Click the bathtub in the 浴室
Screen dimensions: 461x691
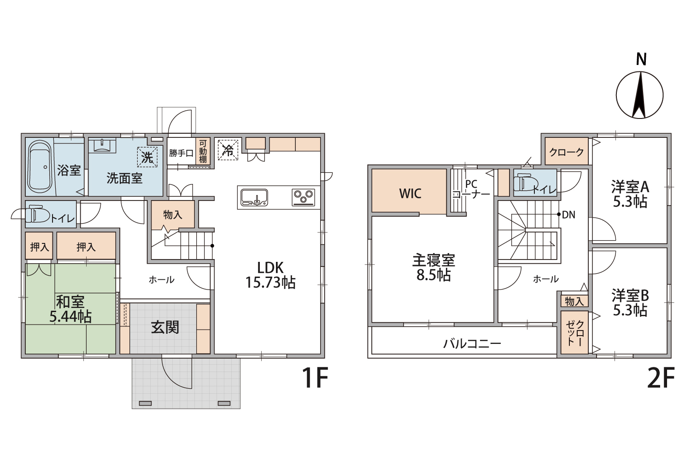[x=40, y=166]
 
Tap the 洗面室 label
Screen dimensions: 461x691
[x=124, y=178]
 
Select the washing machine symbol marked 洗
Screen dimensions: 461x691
[x=147, y=157]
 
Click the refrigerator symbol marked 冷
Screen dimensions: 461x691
[x=228, y=149]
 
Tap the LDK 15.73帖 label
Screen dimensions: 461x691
[x=270, y=275]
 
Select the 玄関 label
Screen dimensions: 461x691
[x=165, y=328]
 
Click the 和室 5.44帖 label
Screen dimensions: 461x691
[x=70, y=309]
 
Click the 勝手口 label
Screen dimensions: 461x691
[x=181, y=153]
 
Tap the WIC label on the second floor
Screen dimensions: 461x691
[x=410, y=193]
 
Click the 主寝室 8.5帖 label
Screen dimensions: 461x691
[x=433, y=268]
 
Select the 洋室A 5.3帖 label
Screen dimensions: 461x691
[x=630, y=194]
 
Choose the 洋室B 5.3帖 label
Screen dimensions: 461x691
[x=630, y=302]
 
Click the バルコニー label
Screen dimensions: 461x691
[x=472, y=343]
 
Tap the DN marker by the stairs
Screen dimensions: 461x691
[x=568, y=215]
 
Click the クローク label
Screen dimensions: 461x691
[x=567, y=152]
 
